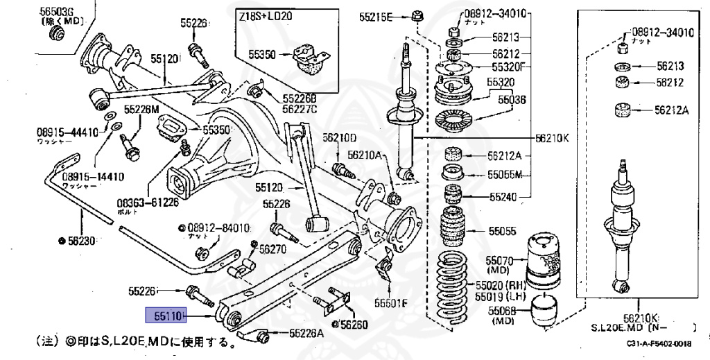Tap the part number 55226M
click(x=141, y=109)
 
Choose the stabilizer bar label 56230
click(x=79, y=241)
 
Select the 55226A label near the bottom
click(x=306, y=333)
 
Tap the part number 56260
click(x=354, y=324)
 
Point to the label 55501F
click(x=392, y=302)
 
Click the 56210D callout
click(x=339, y=137)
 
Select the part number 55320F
click(x=509, y=67)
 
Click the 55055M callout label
click(x=505, y=174)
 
